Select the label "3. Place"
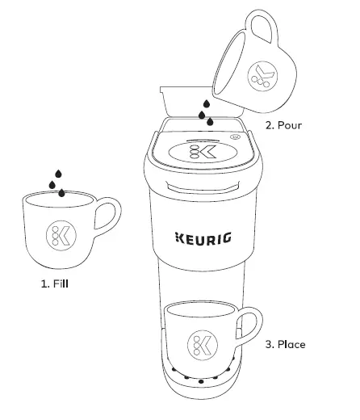pyautogui.click(x=285, y=344)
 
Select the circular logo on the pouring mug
pyautogui.click(x=262, y=75)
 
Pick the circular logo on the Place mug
pyautogui.click(x=199, y=345)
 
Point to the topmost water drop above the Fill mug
pyautogui.click(x=57, y=173)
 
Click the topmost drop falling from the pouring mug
pyautogui.click(x=206, y=104)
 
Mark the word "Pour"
pyautogui.click(x=295, y=126)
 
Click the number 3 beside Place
pyautogui.click(x=268, y=344)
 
